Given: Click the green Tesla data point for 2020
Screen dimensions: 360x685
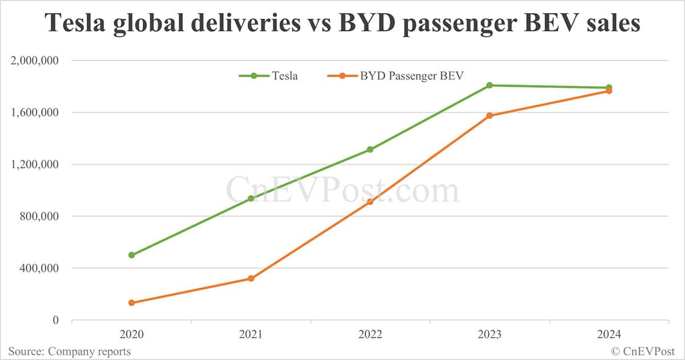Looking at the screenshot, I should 132,255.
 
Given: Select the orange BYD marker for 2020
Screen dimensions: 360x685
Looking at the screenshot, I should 132,303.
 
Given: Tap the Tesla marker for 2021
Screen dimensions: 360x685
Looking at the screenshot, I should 251,199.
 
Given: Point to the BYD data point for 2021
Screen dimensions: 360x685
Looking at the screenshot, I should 251,278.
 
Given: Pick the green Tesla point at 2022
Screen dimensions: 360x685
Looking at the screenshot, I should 370,149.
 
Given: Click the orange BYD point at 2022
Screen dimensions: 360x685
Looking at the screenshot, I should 370,201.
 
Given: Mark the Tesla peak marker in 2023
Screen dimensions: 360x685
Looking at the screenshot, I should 490,85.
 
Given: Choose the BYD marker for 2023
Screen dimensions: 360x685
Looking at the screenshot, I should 490,116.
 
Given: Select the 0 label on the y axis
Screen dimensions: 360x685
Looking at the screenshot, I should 55,321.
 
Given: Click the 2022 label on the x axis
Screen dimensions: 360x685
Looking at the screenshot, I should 370,334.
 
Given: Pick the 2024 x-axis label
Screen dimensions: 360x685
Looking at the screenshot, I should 609,334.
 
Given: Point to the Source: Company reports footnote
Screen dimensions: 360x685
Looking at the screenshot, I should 69,351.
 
